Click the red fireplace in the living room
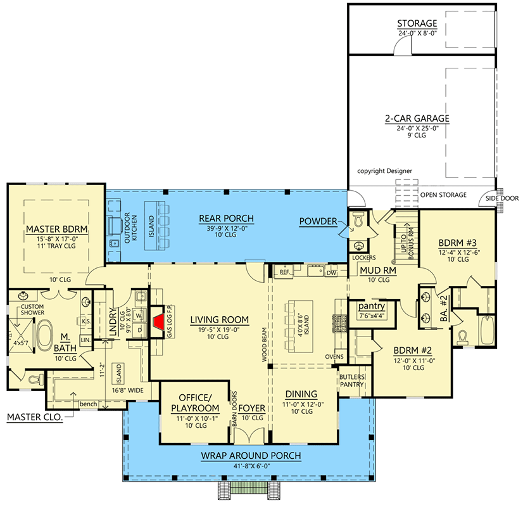coord(159,322)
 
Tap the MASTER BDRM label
coord(57,229)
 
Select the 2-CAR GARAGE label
coord(417,119)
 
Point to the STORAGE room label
coord(417,23)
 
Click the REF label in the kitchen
coord(284,273)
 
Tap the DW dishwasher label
coord(332,273)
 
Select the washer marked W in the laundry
coord(139,315)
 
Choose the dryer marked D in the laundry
coord(139,330)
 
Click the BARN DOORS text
coord(234,409)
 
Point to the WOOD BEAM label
coord(264,345)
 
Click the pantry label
coord(372,306)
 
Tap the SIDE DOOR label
coord(502,198)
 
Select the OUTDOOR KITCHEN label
coord(130,228)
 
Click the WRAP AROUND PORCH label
coord(251,456)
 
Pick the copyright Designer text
coord(384,171)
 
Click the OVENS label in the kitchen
coord(334,357)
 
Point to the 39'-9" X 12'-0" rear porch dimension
coord(227,229)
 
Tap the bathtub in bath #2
coord(488,330)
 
